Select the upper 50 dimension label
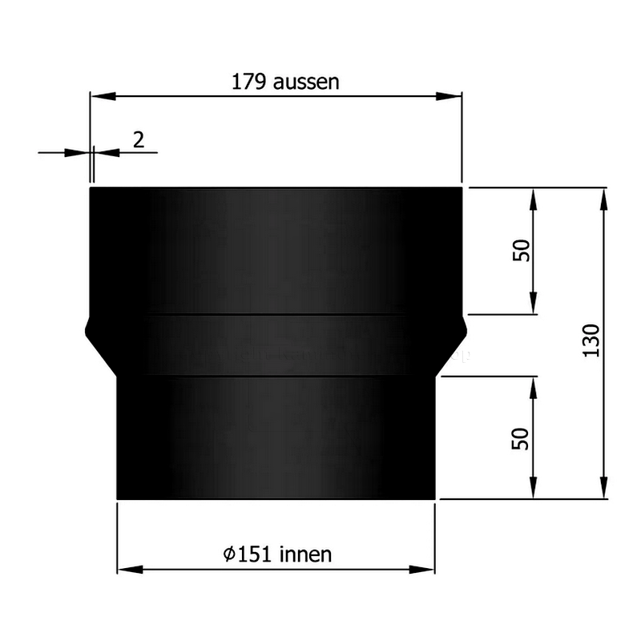click(522, 251)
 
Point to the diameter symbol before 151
click(229, 553)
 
